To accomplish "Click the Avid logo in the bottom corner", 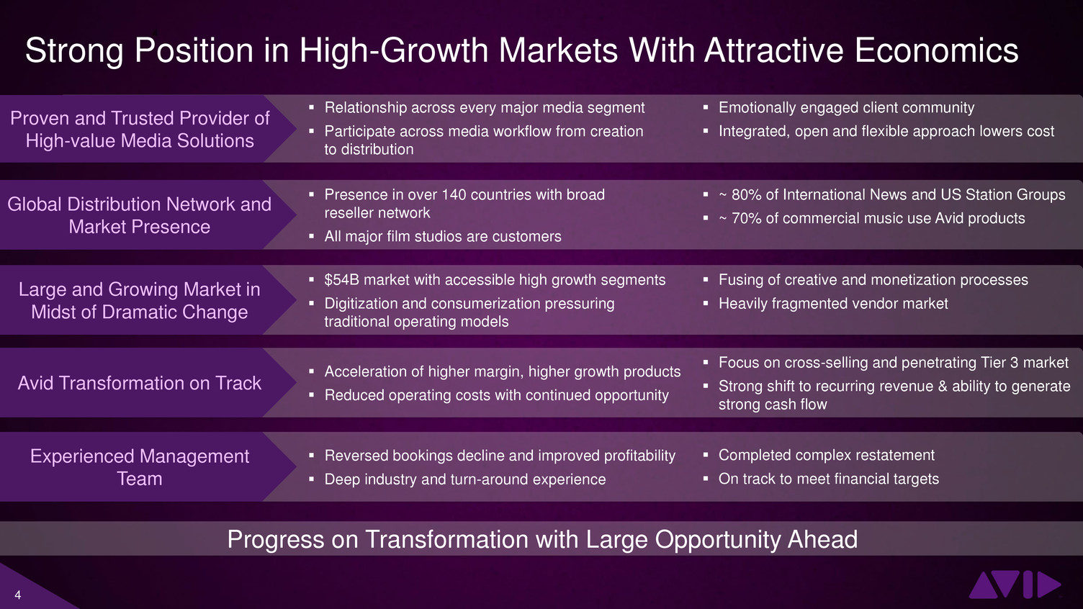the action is coord(1015,585).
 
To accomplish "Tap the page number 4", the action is coord(18,595).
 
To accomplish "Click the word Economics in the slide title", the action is coord(937,50).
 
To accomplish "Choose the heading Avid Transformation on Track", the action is coord(139,383).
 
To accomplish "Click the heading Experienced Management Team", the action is coord(139,467).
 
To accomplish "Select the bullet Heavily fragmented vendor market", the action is coord(833,304).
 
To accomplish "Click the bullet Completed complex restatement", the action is coord(826,455).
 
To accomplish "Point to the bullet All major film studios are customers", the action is coord(443,236).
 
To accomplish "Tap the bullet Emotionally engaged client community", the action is coord(846,108).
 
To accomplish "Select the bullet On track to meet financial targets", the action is coord(829,479).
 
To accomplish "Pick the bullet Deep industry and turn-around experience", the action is coord(464,479).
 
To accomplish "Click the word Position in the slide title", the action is coord(194,50).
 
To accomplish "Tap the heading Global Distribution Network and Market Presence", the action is coord(139,215).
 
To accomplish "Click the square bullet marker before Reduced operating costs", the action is coord(312,395).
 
